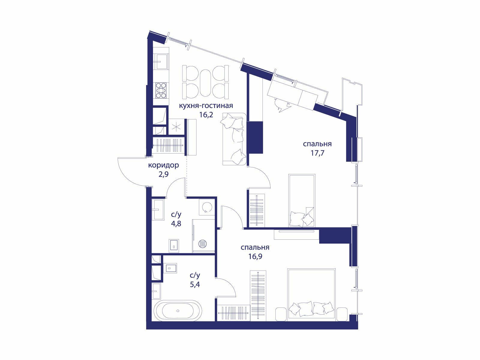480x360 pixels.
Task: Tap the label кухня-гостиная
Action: point(206,106)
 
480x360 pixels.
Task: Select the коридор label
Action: point(163,165)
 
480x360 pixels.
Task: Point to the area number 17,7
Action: point(317,153)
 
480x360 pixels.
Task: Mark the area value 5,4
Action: point(195,284)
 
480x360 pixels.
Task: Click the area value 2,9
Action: point(163,174)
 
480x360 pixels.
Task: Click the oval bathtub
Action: point(178,311)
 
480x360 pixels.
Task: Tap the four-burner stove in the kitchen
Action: point(161,90)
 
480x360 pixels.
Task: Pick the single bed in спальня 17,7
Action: point(302,200)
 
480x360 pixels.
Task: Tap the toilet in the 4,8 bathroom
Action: point(174,245)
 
